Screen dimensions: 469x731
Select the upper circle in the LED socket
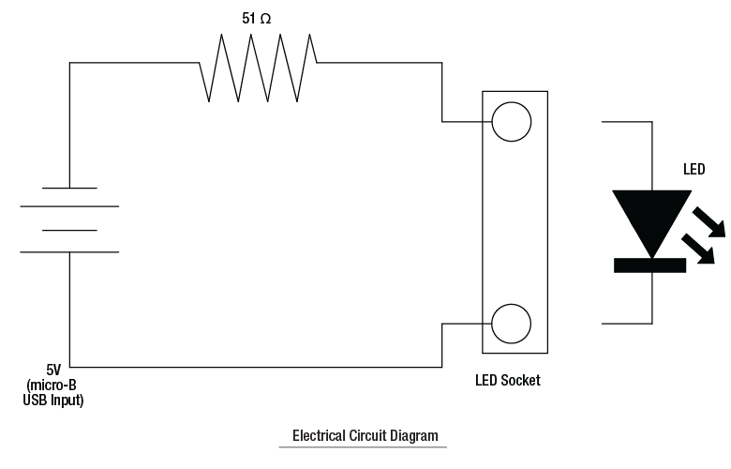[512, 121]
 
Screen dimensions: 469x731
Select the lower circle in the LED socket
[512, 324]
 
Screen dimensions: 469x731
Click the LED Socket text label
[508, 381]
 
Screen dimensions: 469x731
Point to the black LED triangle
[651, 217]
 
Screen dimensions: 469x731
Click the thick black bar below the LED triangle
[649, 265]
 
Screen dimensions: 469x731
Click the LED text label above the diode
[694, 171]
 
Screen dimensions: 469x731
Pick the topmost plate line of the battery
[69, 188]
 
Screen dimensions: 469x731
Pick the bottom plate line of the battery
[69, 251]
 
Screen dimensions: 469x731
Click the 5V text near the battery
[54, 371]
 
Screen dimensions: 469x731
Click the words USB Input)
[53, 401]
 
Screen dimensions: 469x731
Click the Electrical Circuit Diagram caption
[365, 436]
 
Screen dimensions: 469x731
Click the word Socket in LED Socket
[520, 381]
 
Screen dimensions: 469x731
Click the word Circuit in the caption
[368, 436]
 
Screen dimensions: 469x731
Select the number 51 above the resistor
[248, 18]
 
